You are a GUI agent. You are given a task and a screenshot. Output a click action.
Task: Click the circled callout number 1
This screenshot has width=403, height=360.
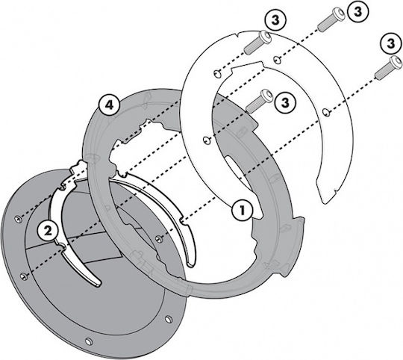[x=242, y=210]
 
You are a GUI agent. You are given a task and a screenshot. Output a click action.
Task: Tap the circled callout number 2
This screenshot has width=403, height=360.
[x=49, y=230]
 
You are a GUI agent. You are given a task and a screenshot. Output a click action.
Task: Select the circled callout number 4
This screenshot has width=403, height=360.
[x=109, y=105]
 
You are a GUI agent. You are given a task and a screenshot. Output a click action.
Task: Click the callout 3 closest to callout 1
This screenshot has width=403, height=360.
[x=285, y=103]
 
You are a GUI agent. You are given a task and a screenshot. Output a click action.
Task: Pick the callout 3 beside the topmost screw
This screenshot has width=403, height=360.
[x=357, y=11]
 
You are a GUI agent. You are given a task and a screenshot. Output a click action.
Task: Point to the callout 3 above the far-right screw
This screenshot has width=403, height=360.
[x=391, y=43]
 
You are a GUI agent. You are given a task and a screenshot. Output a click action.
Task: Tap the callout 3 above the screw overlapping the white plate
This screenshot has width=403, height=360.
[x=275, y=20]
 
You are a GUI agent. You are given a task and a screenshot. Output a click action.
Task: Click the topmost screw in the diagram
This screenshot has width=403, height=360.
[x=331, y=19]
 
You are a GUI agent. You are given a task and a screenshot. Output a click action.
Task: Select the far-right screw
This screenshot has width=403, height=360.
[x=388, y=68]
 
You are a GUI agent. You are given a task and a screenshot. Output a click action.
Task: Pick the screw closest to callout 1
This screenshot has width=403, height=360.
[x=259, y=101]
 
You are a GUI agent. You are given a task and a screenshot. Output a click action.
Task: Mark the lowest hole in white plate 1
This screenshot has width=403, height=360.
[x=206, y=140]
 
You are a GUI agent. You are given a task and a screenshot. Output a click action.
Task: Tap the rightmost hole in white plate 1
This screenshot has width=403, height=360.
[x=326, y=112]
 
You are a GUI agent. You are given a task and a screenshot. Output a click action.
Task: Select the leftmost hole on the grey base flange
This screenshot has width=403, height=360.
[x=19, y=219]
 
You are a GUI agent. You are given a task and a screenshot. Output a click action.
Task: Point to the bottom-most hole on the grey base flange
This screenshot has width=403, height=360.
[x=89, y=342]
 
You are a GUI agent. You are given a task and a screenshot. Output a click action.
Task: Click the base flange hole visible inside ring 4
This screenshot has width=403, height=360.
[x=159, y=239]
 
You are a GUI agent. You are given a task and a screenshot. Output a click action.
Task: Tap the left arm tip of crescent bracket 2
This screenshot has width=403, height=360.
[x=96, y=282]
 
